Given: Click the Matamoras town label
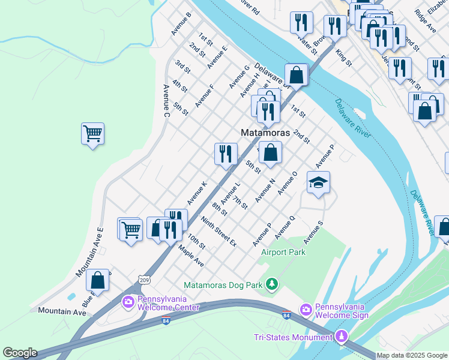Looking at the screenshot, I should pyautogui.click(x=265, y=133).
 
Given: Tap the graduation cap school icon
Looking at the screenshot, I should pyautogui.click(x=318, y=182).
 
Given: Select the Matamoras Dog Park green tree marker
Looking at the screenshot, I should pyautogui.click(x=273, y=283).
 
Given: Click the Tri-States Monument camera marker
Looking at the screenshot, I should pyautogui.click(x=342, y=337).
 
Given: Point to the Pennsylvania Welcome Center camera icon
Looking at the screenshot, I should pyautogui.click(x=128, y=302).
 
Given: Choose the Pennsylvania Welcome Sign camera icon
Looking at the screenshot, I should pyautogui.click(x=306, y=309).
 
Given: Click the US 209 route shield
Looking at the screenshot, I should pyautogui.click(x=143, y=280).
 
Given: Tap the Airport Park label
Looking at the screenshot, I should pyautogui.click(x=283, y=252).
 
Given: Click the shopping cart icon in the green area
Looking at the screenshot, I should pyautogui.click(x=92, y=133).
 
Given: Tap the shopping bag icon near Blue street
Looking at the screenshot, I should pyautogui.click(x=97, y=280).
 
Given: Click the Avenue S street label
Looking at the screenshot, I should pyautogui.click(x=313, y=232).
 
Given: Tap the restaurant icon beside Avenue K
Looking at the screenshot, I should pyautogui.click(x=226, y=154).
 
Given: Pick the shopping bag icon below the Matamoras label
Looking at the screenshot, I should pyautogui.click(x=271, y=152).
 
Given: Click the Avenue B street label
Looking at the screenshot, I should pyautogui.click(x=181, y=24).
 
